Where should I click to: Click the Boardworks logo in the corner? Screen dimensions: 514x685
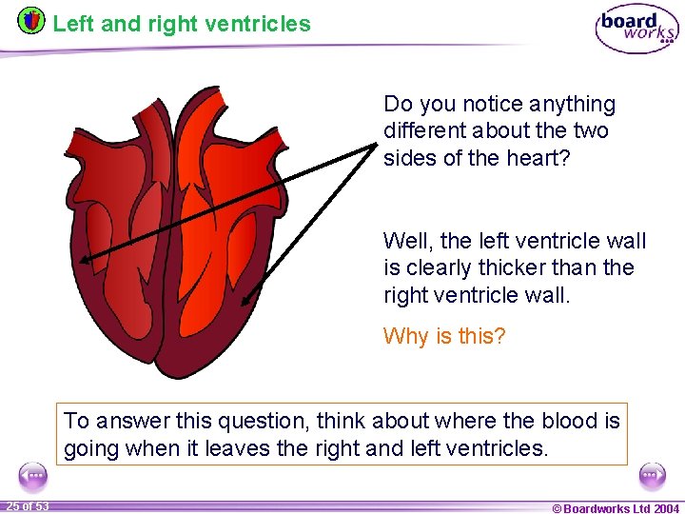coord(636,29)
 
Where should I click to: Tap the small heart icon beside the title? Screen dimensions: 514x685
coord(31,20)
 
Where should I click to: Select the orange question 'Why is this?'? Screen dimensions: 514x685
coord(444,336)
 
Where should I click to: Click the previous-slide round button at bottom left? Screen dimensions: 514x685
coord(33,475)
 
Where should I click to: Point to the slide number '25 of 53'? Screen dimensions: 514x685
coord(28,505)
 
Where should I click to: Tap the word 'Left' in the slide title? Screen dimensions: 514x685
coord(73,24)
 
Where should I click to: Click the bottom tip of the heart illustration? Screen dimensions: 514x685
coord(166,374)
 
